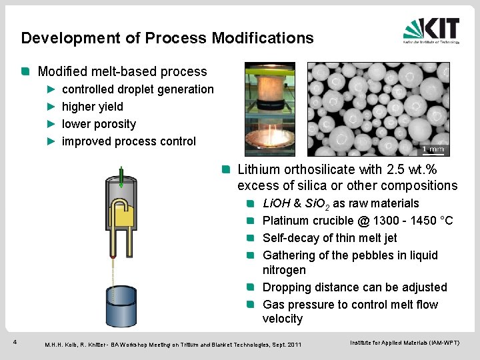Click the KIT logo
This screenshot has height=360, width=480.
point(431,30)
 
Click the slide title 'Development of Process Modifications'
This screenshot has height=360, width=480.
point(167,38)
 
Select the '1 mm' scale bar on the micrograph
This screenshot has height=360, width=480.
point(434,149)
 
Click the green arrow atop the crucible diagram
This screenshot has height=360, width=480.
point(122,174)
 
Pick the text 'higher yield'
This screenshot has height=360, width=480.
point(92,107)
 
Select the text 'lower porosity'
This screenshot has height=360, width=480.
point(99,124)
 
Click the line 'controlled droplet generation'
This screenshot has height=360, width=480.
point(137,89)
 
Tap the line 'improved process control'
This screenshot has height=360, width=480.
point(129,141)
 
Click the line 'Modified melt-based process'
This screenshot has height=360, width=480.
point(122,71)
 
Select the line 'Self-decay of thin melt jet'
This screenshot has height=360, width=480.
point(329,238)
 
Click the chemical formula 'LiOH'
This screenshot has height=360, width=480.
point(277,203)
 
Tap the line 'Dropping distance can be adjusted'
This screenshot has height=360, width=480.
point(355,287)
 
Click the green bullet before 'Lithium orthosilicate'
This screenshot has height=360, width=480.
point(227,170)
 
